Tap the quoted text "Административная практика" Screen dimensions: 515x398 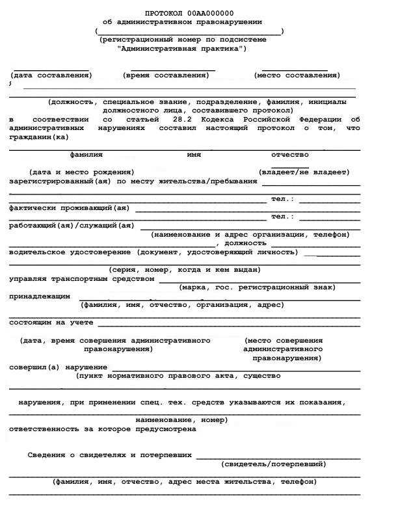[x=182, y=48]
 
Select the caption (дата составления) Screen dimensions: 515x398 [x=51, y=75]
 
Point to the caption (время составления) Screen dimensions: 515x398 [x=166, y=75]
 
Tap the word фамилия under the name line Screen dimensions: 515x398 [x=86, y=155]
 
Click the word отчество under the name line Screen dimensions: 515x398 [x=290, y=155]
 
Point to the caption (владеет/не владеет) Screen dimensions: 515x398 [x=304, y=172]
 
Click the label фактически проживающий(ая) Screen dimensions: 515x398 [x=70, y=208]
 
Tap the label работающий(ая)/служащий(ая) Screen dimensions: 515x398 [x=72, y=226]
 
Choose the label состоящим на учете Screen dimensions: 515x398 [x=51, y=323]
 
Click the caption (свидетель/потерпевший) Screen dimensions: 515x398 [x=274, y=464]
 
